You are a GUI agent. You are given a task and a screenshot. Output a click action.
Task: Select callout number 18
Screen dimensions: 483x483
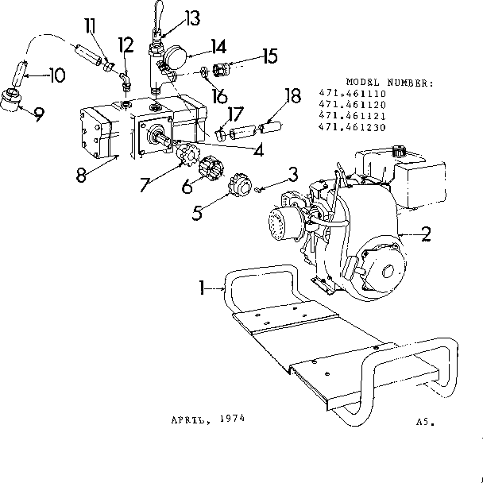(x=292, y=96)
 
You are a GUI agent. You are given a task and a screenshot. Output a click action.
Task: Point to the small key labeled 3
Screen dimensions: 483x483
(x=259, y=188)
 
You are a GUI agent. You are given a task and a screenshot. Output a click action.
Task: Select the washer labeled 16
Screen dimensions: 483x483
(x=204, y=74)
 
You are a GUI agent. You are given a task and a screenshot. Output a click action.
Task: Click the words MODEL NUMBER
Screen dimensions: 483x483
(x=388, y=82)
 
